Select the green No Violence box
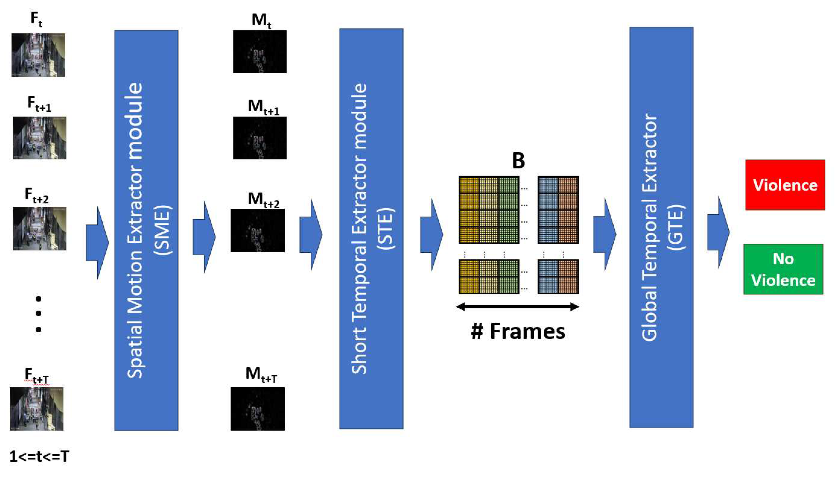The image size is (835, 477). coord(783,269)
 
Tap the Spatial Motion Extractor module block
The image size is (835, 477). coord(146,230)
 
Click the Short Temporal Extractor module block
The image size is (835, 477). coord(371,229)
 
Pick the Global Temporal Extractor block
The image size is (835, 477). coord(661,227)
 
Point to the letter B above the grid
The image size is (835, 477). coord(518,161)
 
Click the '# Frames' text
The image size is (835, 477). coord(518,332)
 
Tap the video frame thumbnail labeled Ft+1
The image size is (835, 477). coord(39,138)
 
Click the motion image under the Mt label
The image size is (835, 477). coord(259,52)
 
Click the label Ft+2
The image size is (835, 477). coord(37,195)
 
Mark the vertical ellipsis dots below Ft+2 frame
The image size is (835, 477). coord(38,314)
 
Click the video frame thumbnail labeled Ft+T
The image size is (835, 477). coord(37,409)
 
